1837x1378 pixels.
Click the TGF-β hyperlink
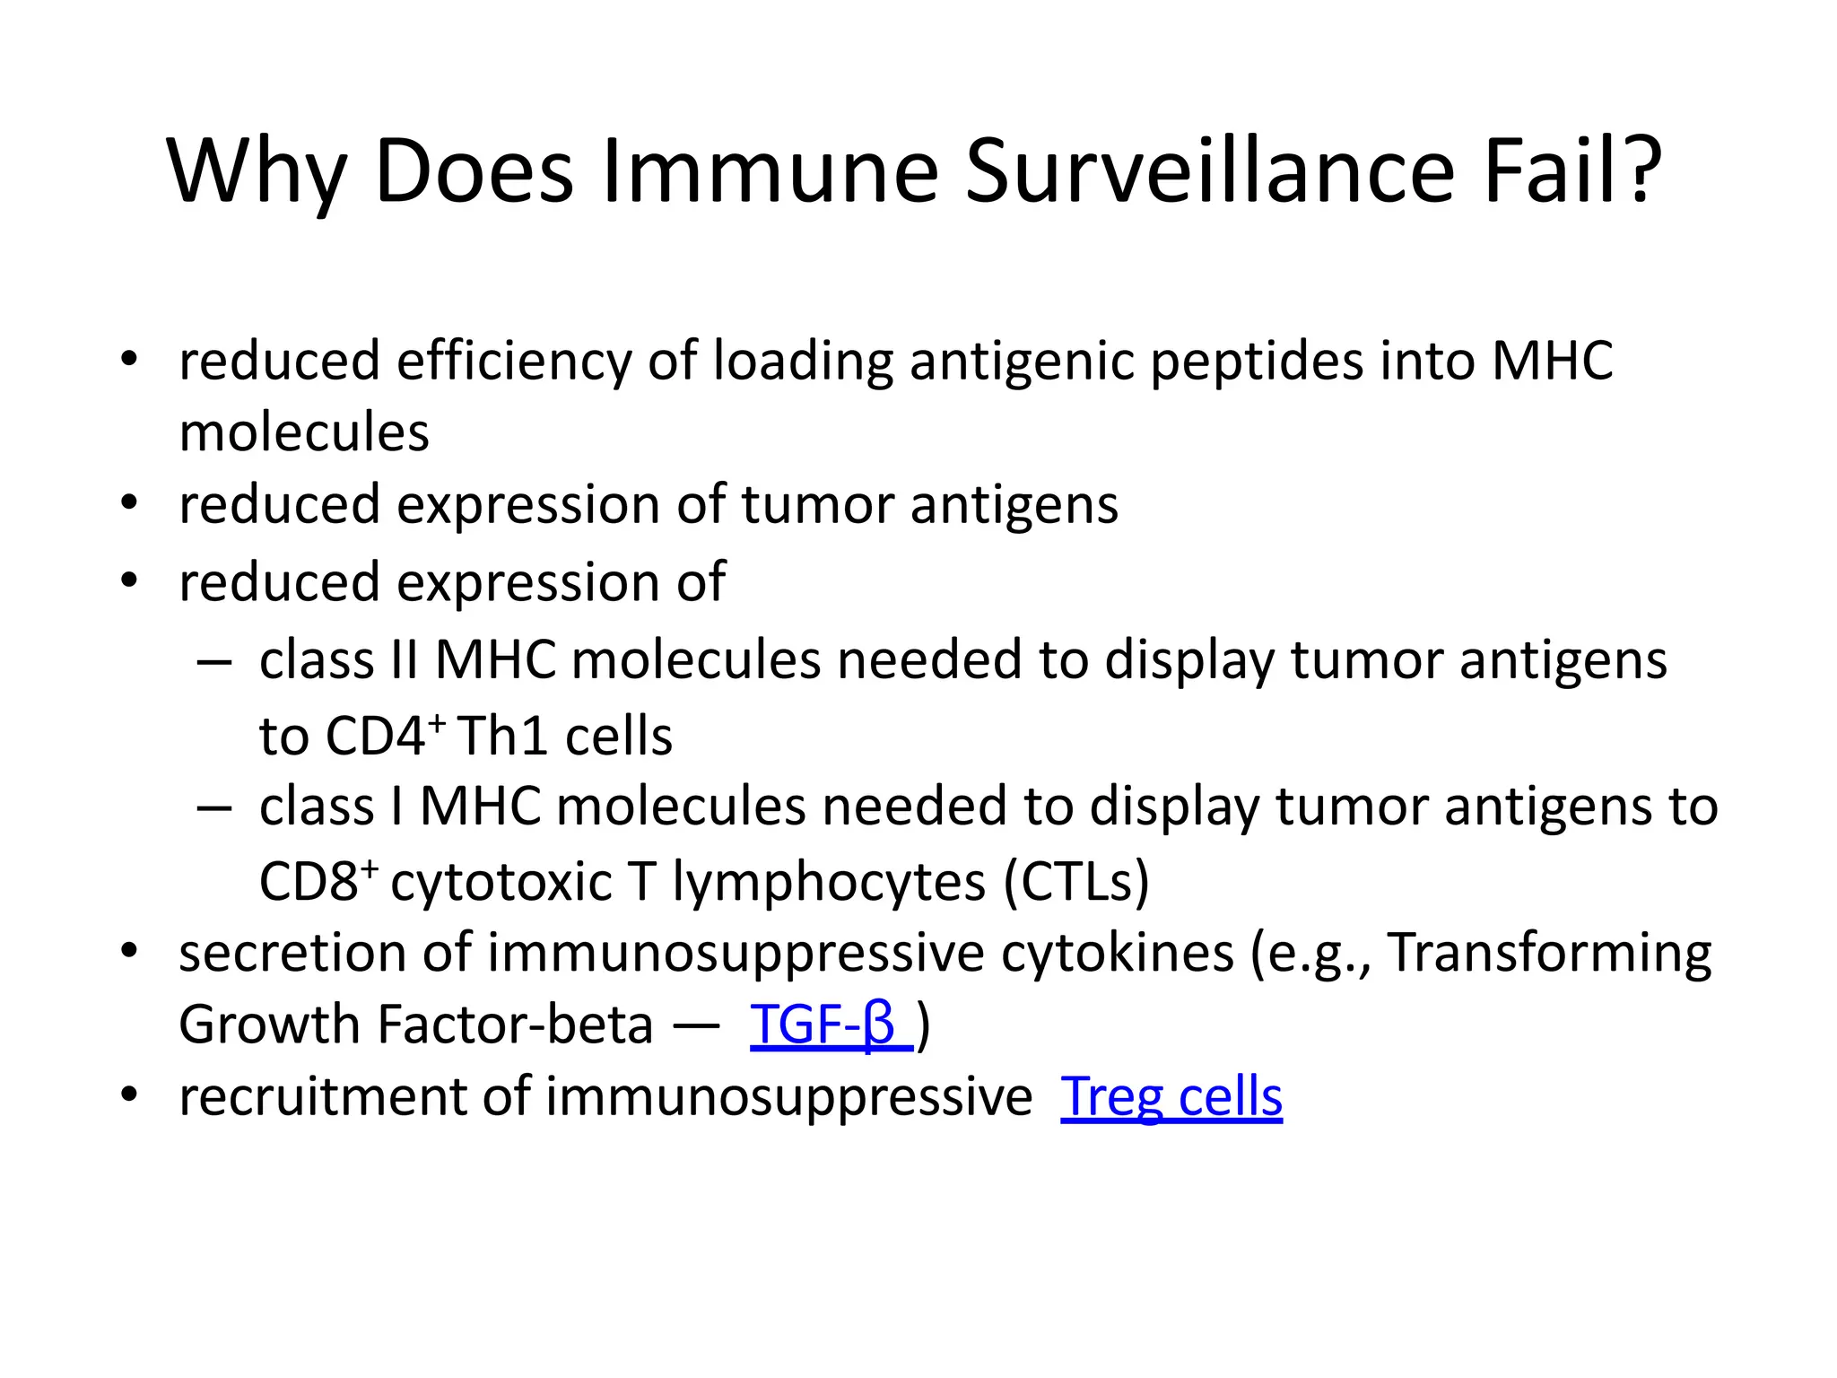[830, 1025]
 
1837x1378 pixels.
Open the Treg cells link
[1171, 1096]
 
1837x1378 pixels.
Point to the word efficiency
[514, 362]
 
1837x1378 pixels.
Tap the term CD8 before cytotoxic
[318, 881]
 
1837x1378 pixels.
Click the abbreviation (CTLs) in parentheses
[1075, 881]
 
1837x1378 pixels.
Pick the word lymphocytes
[829, 883]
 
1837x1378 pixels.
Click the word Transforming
[1549, 953]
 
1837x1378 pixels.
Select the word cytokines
[1117, 953]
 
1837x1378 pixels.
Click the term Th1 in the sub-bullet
[501, 737]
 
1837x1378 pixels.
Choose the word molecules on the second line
[304, 432]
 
